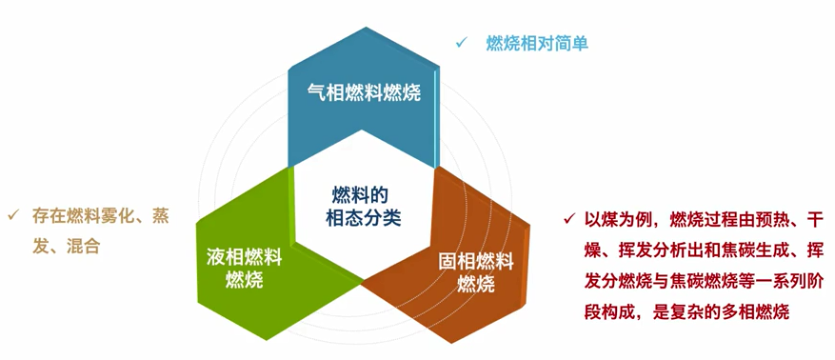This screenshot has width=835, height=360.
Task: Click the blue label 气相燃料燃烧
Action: (x=365, y=92)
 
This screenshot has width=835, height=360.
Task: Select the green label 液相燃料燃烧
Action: (x=245, y=269)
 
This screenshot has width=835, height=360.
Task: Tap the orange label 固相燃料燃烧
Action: (x=476, y=273)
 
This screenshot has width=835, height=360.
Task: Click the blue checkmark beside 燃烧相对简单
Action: (x=461, y=43)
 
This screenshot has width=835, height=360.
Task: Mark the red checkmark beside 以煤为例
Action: (x=570, y=218)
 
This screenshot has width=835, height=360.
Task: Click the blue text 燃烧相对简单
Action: (x=537, y=43)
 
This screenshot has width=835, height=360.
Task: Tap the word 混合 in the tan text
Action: (x=83, y=247)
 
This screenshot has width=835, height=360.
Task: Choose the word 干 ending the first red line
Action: (x=816, y=219)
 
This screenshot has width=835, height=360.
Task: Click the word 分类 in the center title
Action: (x=383, y=218)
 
